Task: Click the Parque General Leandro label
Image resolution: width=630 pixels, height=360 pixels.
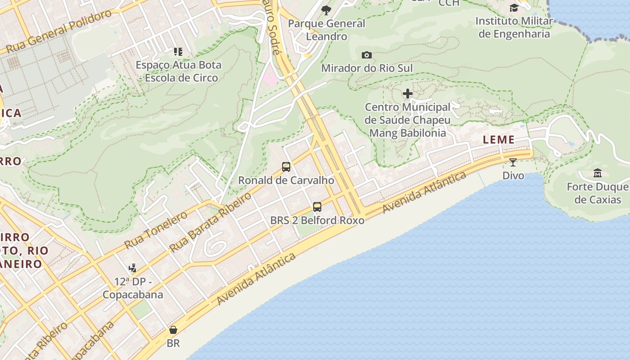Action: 326,30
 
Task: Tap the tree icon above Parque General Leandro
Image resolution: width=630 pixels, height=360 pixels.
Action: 326,9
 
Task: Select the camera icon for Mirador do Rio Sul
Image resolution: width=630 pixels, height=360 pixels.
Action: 367,55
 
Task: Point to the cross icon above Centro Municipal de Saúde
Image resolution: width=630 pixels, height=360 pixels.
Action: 408,94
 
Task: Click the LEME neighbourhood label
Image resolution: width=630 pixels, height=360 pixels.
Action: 499,140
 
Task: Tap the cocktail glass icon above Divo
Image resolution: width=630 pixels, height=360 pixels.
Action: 513,162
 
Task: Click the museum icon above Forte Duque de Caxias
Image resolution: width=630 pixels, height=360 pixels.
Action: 598,173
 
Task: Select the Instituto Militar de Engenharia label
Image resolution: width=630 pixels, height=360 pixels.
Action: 514,27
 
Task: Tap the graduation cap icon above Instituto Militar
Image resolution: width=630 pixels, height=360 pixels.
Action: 514,8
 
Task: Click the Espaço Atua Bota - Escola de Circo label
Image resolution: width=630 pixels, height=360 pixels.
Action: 179,71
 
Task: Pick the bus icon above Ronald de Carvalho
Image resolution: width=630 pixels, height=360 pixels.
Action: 286,167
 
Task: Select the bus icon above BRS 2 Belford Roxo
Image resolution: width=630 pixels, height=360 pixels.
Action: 317,207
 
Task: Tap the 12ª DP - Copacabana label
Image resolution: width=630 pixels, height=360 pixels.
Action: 133,288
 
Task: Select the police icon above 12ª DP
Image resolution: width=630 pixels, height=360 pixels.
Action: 132,269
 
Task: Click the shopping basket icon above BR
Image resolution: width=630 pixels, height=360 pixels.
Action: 173,330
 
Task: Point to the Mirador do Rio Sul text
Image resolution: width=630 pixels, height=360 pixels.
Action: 367,68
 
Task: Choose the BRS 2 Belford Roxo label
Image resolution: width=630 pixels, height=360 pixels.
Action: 317,220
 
